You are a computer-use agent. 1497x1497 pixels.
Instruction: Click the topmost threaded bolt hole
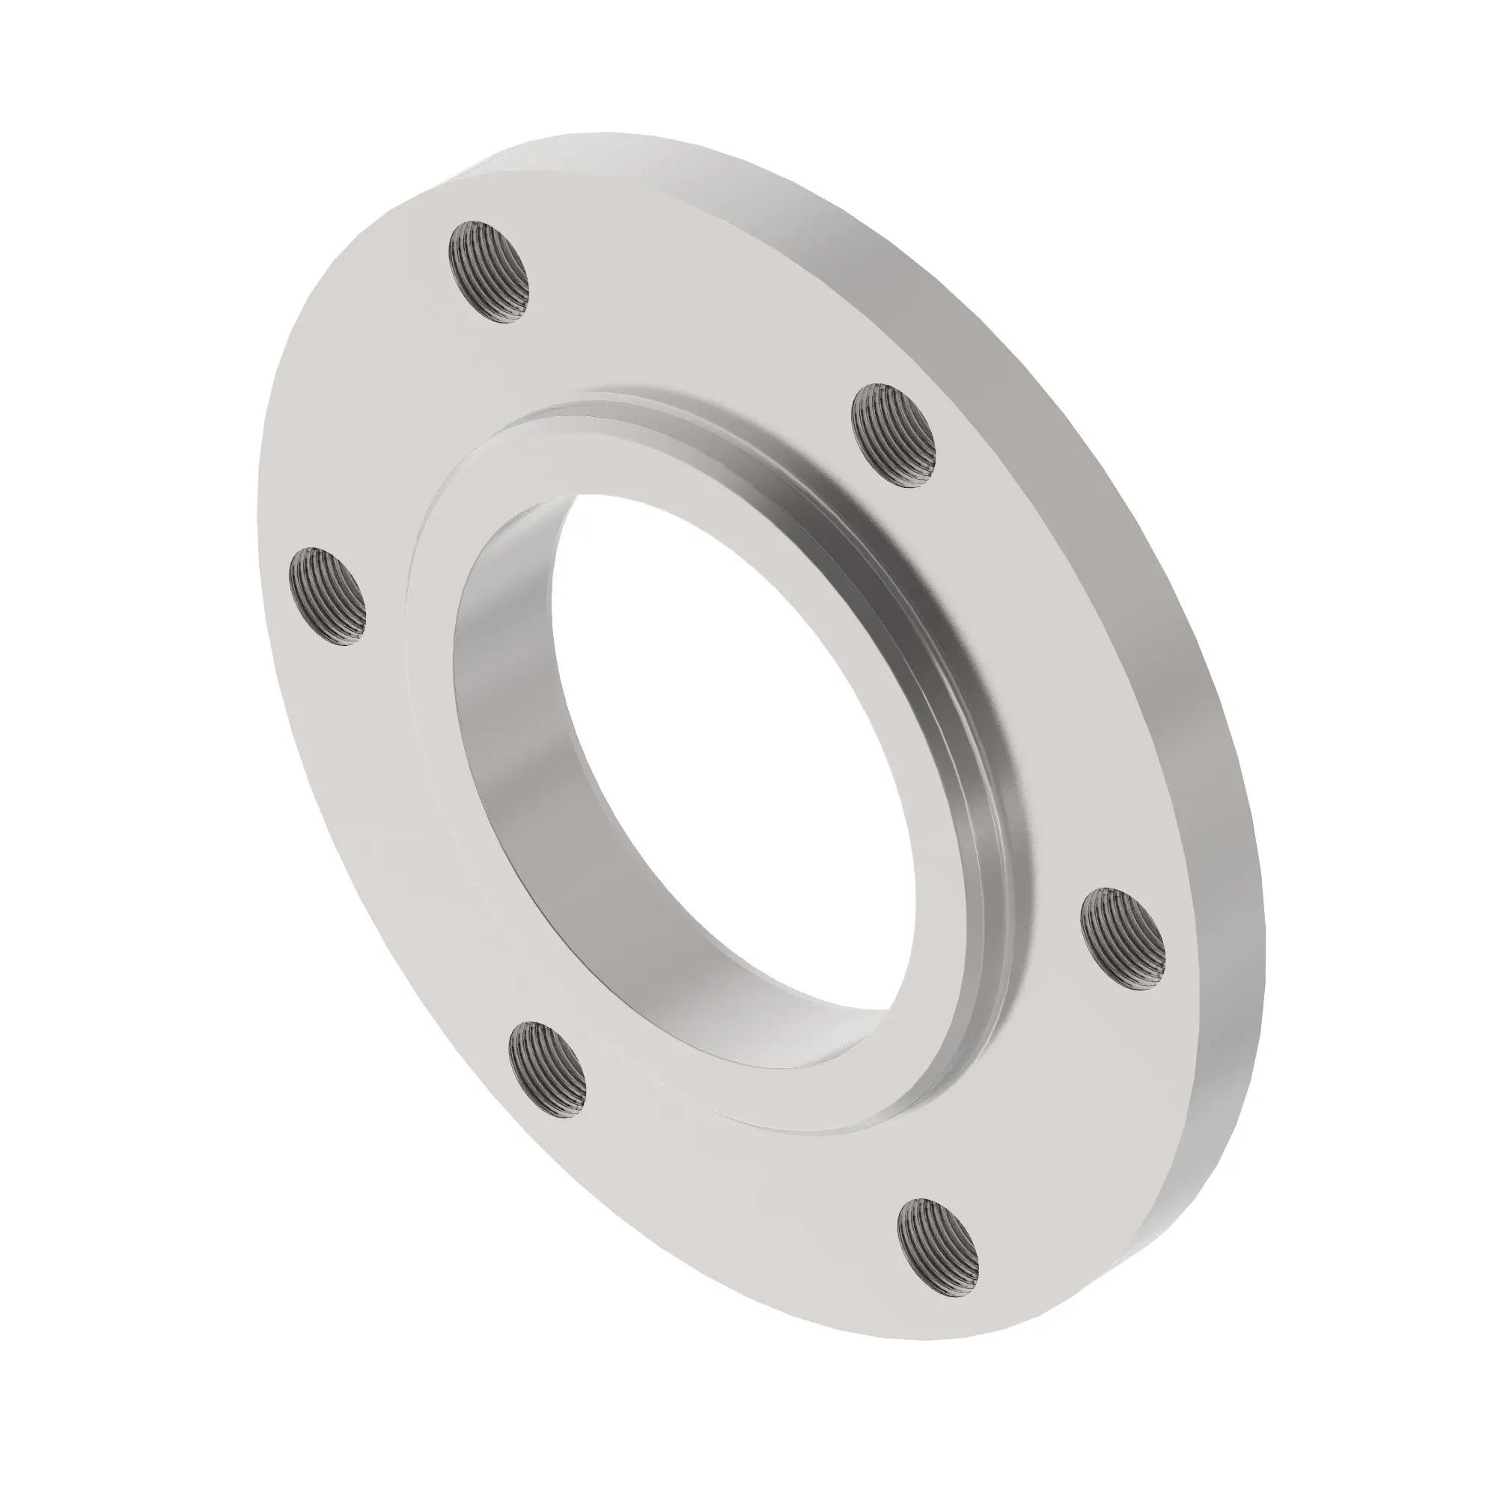(x=491, y=272)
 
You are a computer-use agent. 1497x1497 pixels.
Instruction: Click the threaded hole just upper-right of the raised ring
(x=894, y=435)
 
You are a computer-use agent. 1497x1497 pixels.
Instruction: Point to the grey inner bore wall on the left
(x=511, y=698)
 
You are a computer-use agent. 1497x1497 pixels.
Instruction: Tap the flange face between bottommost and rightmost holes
(x=1070, y=1123)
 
